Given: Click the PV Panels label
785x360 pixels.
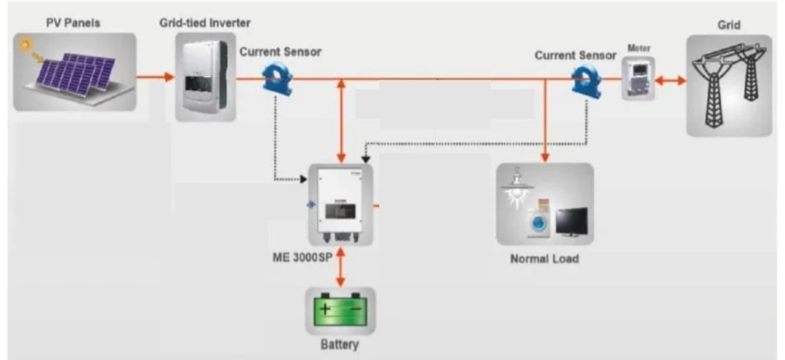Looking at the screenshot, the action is (73, 23).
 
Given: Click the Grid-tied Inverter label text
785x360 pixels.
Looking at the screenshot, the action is (204, 23).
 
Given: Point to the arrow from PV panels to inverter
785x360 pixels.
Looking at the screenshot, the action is (155, 77).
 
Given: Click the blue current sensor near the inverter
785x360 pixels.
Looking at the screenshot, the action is (277, 79).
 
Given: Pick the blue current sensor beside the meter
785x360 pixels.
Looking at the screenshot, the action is (586, 80).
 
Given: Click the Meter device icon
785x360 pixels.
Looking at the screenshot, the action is (638, 79).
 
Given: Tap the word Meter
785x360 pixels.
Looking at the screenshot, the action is (639, 49).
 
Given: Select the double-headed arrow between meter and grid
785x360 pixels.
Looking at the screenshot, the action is (670, 80).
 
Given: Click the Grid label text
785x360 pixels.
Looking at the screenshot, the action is (729, 25).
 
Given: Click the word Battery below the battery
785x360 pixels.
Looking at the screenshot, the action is (340, 345).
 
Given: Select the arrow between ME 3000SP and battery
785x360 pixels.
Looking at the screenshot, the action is (340, 267).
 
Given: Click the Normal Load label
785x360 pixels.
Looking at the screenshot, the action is (544, 259).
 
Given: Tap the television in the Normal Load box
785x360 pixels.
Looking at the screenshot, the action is (571, 221).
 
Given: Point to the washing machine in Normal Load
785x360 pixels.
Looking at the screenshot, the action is (538, 220).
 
